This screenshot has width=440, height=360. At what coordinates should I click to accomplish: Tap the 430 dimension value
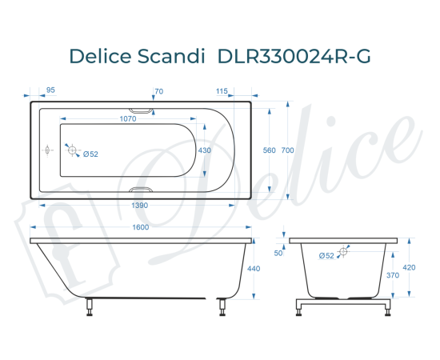[x=205, y=150]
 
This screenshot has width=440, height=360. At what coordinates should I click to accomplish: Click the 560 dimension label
[x=270, y=150]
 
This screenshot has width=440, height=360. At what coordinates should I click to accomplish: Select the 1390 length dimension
[x=138, y=206]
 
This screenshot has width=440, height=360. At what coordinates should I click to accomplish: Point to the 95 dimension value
[x=51, y=91]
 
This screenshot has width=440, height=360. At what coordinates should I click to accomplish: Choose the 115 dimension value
[x=222, y=91]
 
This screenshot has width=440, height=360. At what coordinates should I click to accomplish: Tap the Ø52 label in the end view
[x=326, y=255]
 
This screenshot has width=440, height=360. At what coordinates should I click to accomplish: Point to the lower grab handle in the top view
[x=142, y=190]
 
